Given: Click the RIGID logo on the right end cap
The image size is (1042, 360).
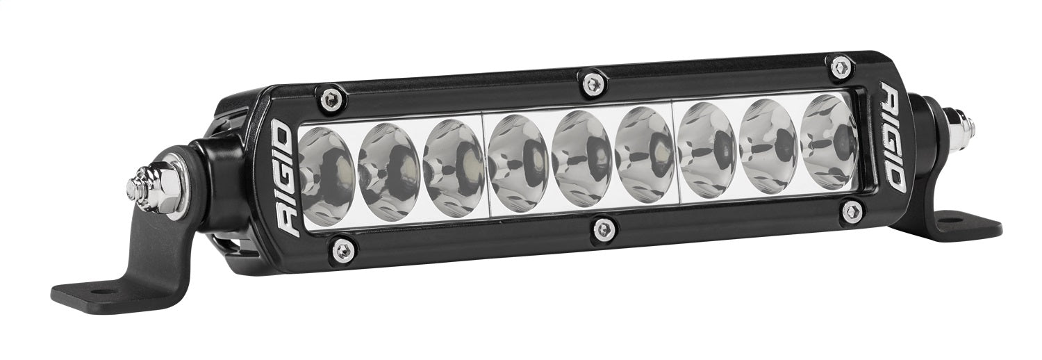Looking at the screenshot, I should (x=893, y=136).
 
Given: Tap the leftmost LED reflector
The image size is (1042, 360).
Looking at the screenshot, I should (x=326, y=177).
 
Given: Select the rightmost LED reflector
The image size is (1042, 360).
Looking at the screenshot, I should (x=829, y=141).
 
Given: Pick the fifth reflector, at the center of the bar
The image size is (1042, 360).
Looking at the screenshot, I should (x=581, y=159).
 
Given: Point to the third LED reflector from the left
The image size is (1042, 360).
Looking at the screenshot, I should (x=454, y=168).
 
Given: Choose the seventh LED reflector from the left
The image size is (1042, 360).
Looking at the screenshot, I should (x=707, y=150).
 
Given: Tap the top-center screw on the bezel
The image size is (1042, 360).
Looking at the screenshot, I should (x=592, y=83).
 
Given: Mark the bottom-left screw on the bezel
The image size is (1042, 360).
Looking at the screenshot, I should (x=342, y=249).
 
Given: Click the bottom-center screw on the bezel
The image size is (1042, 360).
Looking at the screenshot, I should (x=604, y=229).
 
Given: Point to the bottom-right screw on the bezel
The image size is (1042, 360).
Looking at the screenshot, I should (x=851, y=210).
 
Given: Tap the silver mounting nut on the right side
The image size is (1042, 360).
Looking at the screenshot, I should (x=959, y=126).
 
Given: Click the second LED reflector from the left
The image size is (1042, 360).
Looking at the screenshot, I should (x=390, y=173).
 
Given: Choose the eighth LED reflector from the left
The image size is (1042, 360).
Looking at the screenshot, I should (x=769, y=145).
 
